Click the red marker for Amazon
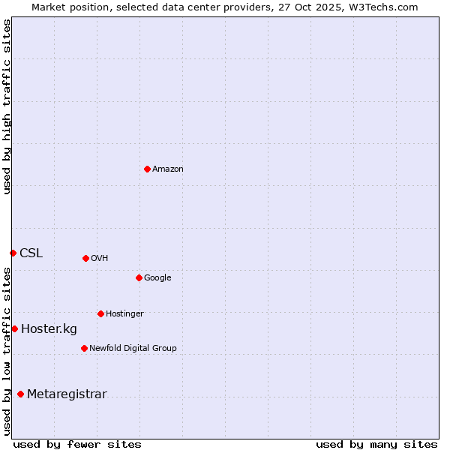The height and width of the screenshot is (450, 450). coord(147,169)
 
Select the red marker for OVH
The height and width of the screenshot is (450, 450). coord(85,258)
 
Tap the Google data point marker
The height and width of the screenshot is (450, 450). coord(139,277)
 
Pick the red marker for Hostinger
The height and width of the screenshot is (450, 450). coord(100,313)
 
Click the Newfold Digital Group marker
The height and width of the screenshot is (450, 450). coord(84,348)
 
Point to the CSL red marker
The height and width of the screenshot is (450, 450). coord(13,253)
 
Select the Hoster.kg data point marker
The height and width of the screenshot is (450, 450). coord(14,328)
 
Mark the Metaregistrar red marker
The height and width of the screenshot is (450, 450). coord(20,394)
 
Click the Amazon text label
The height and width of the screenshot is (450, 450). coord(168,169)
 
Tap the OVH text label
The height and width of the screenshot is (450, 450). coord(100,259)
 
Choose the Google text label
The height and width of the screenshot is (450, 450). coord(157,278)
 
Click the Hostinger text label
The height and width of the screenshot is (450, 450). coord(124,314)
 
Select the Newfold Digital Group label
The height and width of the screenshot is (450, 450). coord(133,349)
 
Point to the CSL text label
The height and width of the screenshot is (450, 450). coord(31,253)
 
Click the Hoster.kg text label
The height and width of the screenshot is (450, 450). coord(49,329)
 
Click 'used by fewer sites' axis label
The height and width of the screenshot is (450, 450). coord(77,444)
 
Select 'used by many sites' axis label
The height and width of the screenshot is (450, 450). coord(376,444)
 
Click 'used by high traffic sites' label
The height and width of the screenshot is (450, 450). coord(7,106)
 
